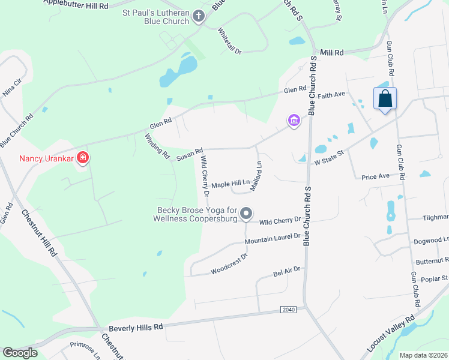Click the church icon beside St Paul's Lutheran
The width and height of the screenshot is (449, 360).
click(x=199, y=18)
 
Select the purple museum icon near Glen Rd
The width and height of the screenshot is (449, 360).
click(x=294, y=121)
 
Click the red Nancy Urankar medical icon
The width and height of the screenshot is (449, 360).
click(x=83, y=159)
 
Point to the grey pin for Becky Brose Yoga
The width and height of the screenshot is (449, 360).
click(x=246, y=214)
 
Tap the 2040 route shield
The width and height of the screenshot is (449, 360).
click(x=289, y=309)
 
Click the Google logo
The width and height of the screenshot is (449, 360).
click(x=20, y=353)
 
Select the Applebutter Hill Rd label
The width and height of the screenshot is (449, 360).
click(x=76, y=5)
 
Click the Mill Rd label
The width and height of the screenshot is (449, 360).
click(x=332, y=53)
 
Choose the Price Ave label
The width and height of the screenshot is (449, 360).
click(x=376, y=176)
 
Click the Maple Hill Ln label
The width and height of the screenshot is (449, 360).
click(x=230, y=185)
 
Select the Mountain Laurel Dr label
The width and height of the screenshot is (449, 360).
click(x=272, y=240)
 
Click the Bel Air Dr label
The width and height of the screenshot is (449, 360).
click(x=286, y=272)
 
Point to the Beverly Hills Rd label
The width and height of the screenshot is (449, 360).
click(x=136, y=328)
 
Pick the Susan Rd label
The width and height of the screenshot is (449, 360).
click(x=190, y=154)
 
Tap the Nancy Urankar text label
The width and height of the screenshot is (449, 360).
click(x=46, y=159)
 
